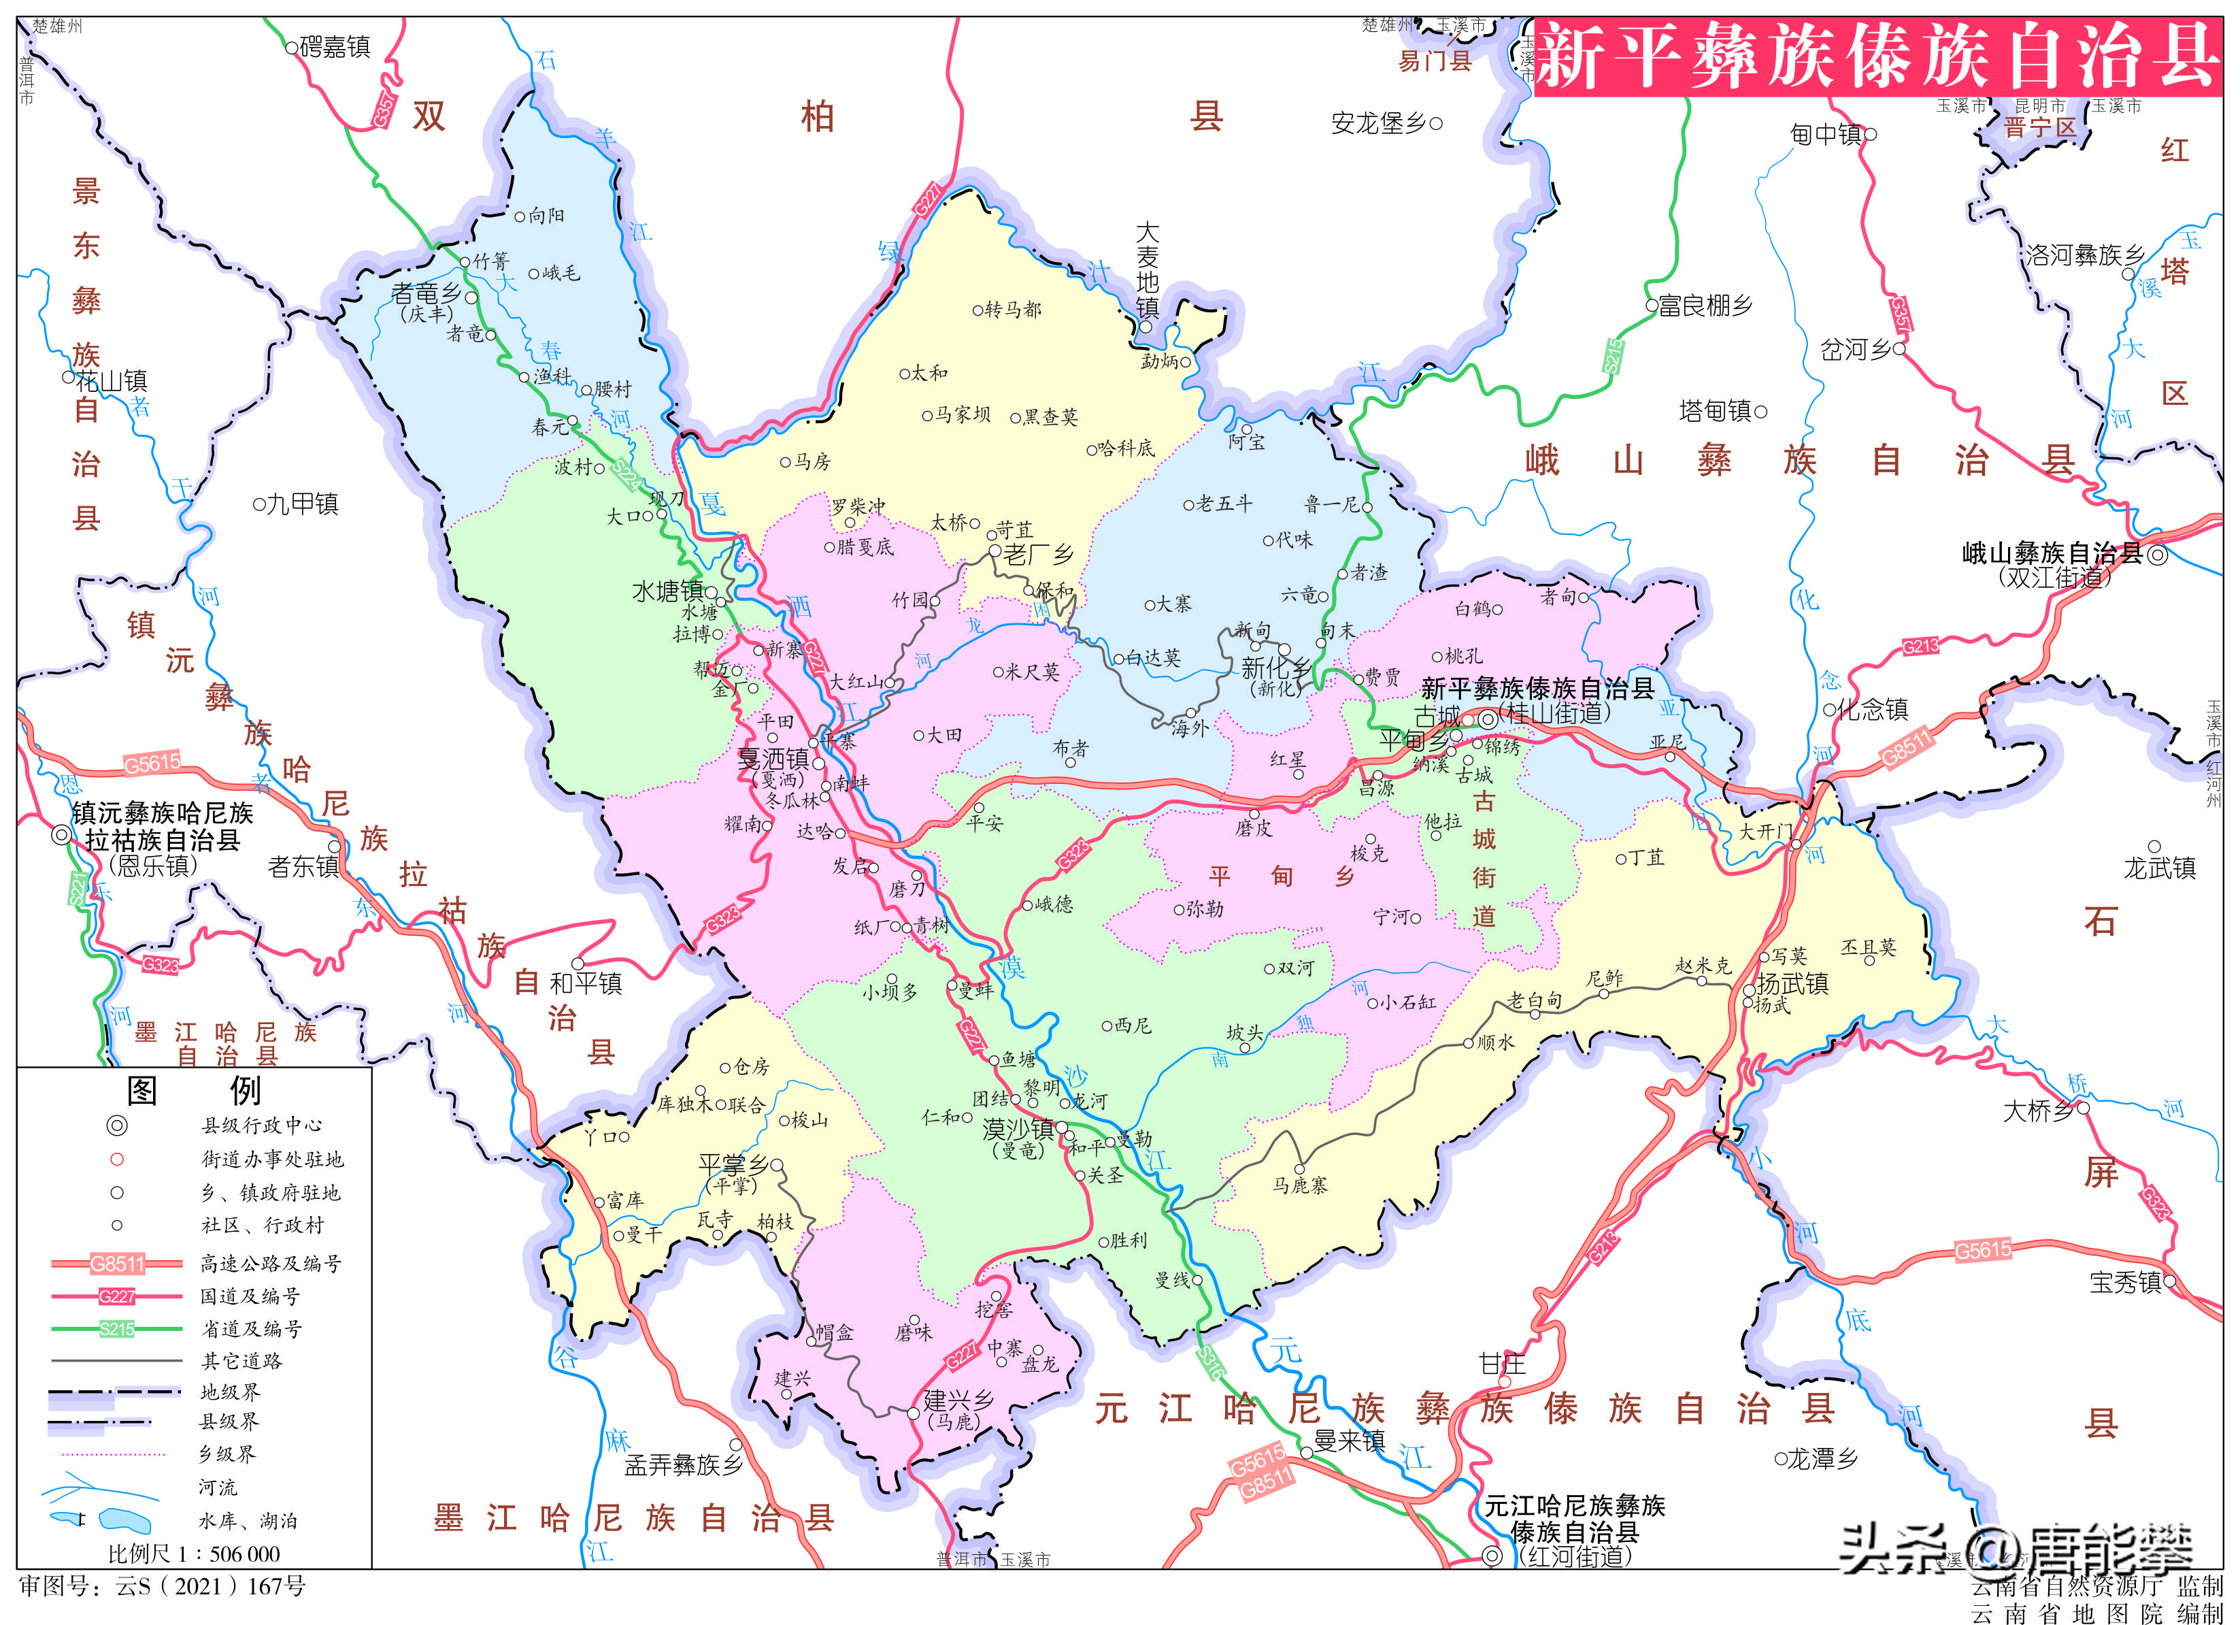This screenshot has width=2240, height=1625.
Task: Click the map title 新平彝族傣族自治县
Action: coord(1877,56)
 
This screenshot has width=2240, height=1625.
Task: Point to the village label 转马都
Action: coord(1012,309)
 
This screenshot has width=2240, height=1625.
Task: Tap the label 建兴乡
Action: coord(958,1400)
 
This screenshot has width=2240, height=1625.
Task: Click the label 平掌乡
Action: coord(732,1166)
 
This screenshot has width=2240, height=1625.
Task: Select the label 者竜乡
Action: coord(426,293)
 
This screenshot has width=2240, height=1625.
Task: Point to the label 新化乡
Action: coord(1275,669)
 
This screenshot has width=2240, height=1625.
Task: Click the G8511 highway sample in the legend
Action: coord(116,1264)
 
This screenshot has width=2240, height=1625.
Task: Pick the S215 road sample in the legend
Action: coord(116,1328)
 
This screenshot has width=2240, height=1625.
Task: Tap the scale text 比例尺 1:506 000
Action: coord(194,1554)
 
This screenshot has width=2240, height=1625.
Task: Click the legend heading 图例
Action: coord(194,1091)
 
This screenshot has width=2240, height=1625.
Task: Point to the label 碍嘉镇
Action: coord(335,46)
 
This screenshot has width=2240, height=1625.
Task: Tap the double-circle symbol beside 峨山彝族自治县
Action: coord(2158,555)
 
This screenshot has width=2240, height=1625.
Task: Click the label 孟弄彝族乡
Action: coord(684,1465)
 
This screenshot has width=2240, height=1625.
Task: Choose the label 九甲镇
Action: coord(302,504)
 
